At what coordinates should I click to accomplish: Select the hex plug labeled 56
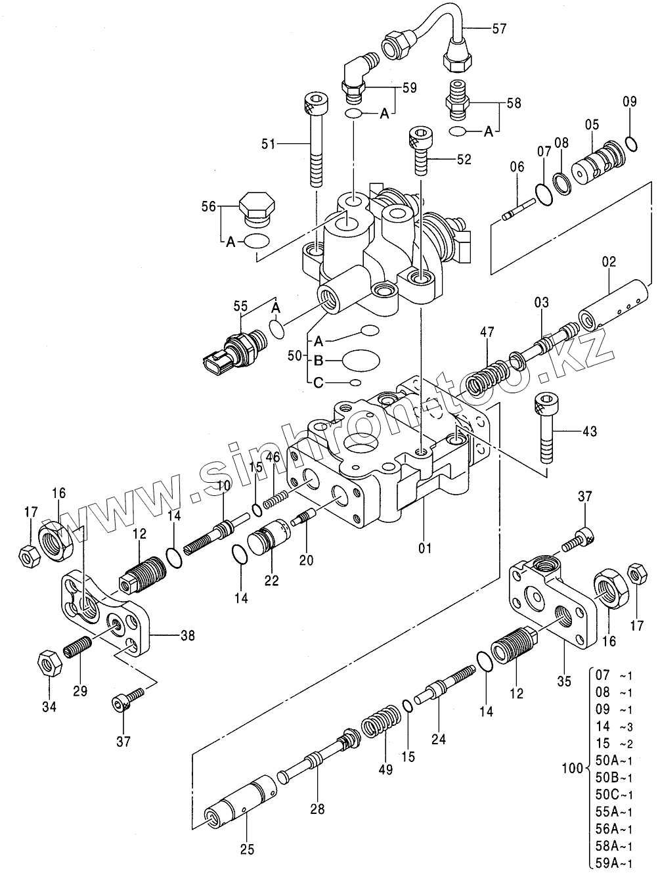pyautogui.click(x=255, y=207)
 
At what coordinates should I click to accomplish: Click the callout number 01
pyautogui.click(x=425, y=545)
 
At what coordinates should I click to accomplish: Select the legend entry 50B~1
pyautogui.click(x=614, y=777)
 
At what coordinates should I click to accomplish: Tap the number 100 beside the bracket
pyautogui.click(x=573, y=767)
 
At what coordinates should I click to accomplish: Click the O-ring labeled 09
pyautogui.click(x=630, y=143)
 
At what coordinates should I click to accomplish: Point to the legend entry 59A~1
pyautogui.click(x=614, y=863)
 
